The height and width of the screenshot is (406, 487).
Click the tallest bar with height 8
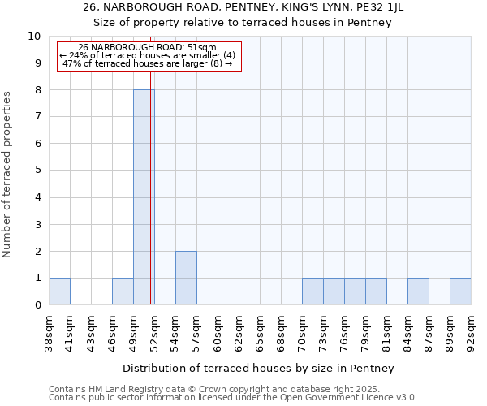(144, 197)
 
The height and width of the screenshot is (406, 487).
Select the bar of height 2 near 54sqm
(186, 278)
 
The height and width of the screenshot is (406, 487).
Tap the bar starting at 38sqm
(59, 292)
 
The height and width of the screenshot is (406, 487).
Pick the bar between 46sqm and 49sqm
(123, 292)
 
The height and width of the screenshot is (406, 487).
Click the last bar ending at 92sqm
(460, 292)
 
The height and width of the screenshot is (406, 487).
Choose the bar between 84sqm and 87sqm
(418, 292)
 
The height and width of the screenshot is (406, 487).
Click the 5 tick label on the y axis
(37, 171)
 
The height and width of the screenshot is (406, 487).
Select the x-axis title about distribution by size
(260, 368)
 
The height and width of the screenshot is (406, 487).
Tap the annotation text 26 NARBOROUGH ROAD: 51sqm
(147, 48)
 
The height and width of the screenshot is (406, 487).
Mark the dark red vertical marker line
(152, 203)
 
